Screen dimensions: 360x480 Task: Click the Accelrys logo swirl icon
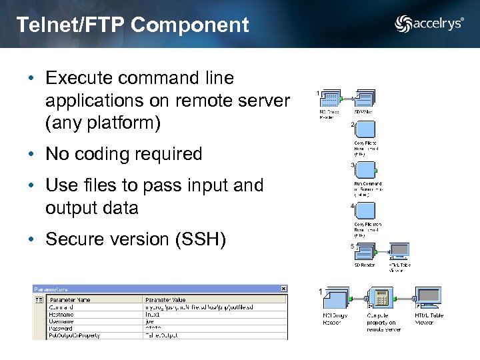(403, 24)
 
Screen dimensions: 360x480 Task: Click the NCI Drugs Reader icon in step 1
(330, 99)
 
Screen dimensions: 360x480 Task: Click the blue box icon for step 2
(365, 130)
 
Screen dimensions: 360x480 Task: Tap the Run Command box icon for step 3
(365, 171)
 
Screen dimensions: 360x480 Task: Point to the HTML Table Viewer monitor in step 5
(399, 251)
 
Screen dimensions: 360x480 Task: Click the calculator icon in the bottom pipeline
(381, 298)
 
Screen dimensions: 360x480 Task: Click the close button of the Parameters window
(283, 289)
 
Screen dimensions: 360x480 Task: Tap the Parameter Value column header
(167, 299)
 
